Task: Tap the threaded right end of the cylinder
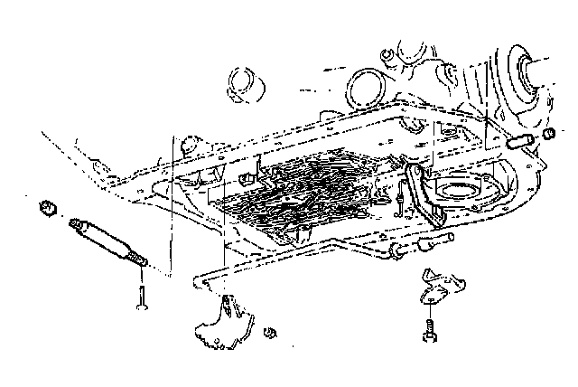(x=141, y=261)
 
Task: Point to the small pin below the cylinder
(x=143, y=297)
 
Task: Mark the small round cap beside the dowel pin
(x=548, y=137)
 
